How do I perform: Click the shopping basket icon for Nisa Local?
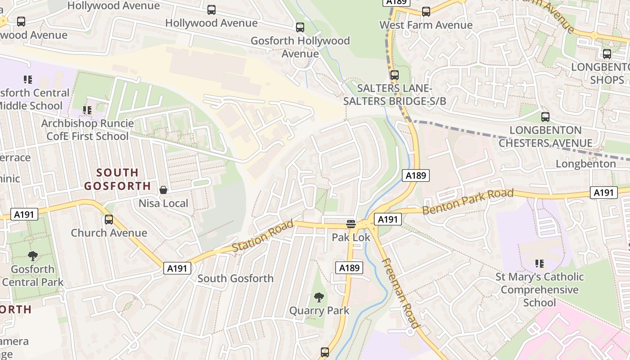tap(163, 190)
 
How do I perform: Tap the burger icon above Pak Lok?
tap(351, 224)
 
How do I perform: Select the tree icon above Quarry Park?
tap(319, 297)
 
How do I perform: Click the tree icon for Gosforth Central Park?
tap(32, 256)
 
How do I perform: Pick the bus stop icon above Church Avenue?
tap(109, 220)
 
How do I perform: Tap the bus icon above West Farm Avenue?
tap(426, 12)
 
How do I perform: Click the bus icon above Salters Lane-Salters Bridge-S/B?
tap(395, 75)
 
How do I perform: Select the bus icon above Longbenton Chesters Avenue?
tap(545, 117)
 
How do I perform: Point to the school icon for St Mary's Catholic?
tap(540, 263)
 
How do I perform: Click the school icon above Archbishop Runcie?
tap(87, 110)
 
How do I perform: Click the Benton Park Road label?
tap(468, 202)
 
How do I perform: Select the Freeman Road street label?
tap(401, 293)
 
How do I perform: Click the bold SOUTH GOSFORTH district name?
tap(117, 179)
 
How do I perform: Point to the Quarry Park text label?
tap(319, 310)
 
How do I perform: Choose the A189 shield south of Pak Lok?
tap(349, 268)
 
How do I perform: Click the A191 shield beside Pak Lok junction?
tap(387, 219)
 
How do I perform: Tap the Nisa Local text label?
tap(163, 203)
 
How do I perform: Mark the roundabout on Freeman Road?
tap(410, 332)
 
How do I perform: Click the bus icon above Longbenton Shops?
tap(607, 54)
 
